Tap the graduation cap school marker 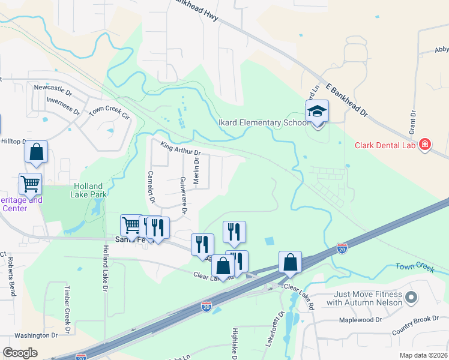pos(317,112)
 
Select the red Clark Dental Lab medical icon pos(425,145)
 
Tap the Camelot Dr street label pos(151,187)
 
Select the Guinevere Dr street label pos(184,194)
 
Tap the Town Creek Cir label pos(109,112)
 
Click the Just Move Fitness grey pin pos(411,297)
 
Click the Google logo pos(20,353)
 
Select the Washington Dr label pos(35,336)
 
